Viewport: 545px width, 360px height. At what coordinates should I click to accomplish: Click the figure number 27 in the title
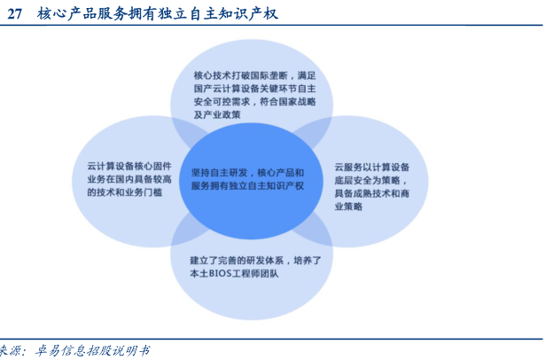click(14, 14)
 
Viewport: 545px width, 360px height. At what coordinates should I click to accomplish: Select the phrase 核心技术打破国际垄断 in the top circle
click(240, 75)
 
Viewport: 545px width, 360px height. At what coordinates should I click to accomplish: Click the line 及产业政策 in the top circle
click(217, 114)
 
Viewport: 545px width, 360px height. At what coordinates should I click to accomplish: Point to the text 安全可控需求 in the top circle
click(222, 102)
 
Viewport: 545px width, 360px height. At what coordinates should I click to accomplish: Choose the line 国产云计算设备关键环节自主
click(254, 89)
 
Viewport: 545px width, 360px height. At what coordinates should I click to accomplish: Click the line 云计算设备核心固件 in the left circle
click(129, 167)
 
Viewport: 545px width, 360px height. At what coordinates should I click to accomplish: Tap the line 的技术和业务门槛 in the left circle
click(125, 192)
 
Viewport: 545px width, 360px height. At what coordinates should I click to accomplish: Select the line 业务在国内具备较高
click(129, 179)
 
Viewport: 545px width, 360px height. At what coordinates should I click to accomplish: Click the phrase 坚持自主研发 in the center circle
click(219, 173)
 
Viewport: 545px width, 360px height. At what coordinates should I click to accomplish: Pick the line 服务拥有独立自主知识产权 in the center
click(247, 185)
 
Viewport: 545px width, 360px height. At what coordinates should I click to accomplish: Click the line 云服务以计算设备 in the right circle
click(372, 168)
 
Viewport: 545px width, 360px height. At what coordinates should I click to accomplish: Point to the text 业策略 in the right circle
click(348, 207)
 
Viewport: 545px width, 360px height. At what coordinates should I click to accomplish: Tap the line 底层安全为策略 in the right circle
click(368, 181)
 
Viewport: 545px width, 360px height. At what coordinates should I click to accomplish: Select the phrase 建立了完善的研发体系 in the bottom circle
click(237, 261)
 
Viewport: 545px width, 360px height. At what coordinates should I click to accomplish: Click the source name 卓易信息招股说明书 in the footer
click(92, 350)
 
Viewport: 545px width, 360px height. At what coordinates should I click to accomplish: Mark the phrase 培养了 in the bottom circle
click(308, 261)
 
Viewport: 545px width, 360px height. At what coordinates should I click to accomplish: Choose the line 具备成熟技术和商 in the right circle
click(372, 193)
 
